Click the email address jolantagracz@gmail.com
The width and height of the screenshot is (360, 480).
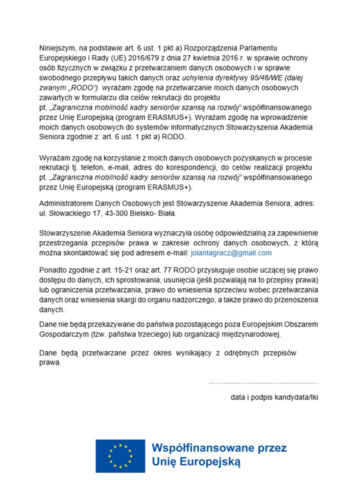[231, 253]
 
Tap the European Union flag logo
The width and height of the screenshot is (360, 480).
[120, 456]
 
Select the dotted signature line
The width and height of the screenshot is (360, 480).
[263, 383]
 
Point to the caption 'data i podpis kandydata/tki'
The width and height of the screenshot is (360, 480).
[274, 397]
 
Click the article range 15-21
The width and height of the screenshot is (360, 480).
[135, 270]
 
